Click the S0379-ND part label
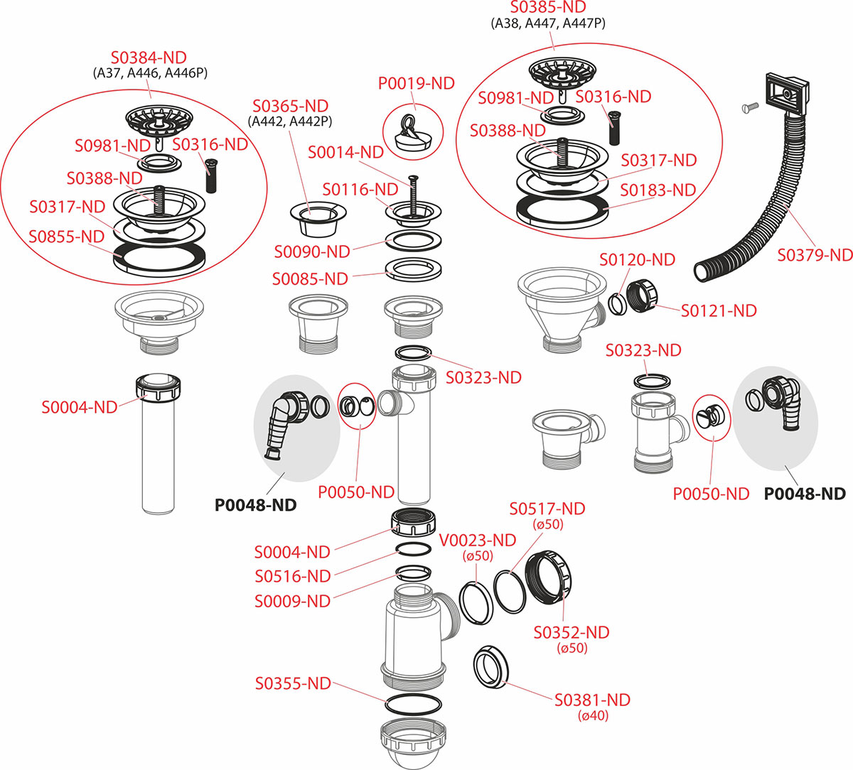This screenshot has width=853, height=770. (815, 255)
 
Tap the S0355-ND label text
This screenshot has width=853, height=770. (293, 683)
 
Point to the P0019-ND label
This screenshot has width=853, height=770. (416, 83)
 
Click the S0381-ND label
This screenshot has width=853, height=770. (592, 700)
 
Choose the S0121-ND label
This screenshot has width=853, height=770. (719, 310)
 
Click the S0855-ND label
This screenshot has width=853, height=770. (67, 237)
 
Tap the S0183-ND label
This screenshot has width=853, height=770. (658, 190)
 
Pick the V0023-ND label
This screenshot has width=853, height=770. (478, 541)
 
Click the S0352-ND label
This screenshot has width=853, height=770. (572, 632)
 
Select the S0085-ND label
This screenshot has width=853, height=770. (310, 279)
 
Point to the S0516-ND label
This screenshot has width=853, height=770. (292, 576)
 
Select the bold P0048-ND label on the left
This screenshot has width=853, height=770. (255, 505)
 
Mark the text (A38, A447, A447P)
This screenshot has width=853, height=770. (548, 23)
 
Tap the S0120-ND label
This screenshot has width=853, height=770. (637, 260)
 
